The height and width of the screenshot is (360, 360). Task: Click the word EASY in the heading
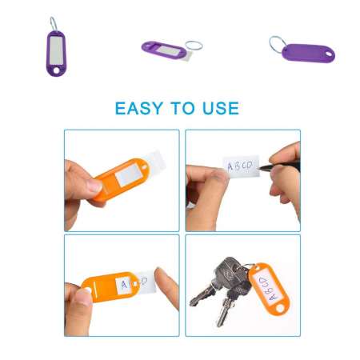click(x=138, y=108)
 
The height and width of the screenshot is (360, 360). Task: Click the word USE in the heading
click(x=221, y=108)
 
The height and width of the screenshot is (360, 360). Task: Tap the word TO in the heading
click(x=182, y=108)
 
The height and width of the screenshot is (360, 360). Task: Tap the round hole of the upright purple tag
click(x=56, y=70)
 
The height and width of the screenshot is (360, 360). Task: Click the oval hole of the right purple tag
click(x=329, y=54)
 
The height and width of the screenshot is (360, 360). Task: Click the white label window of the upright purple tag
click(x=56, y=50)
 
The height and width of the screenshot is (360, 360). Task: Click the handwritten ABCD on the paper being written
click(x=240, y=166)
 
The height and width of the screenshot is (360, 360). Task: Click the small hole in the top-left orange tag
click(x=145, y=167)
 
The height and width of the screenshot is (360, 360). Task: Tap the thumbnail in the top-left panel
click(x=94, y=186)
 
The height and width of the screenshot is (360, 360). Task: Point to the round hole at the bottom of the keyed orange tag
click(x=280, y=308)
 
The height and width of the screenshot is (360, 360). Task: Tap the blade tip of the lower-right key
click(x=219, y=324)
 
